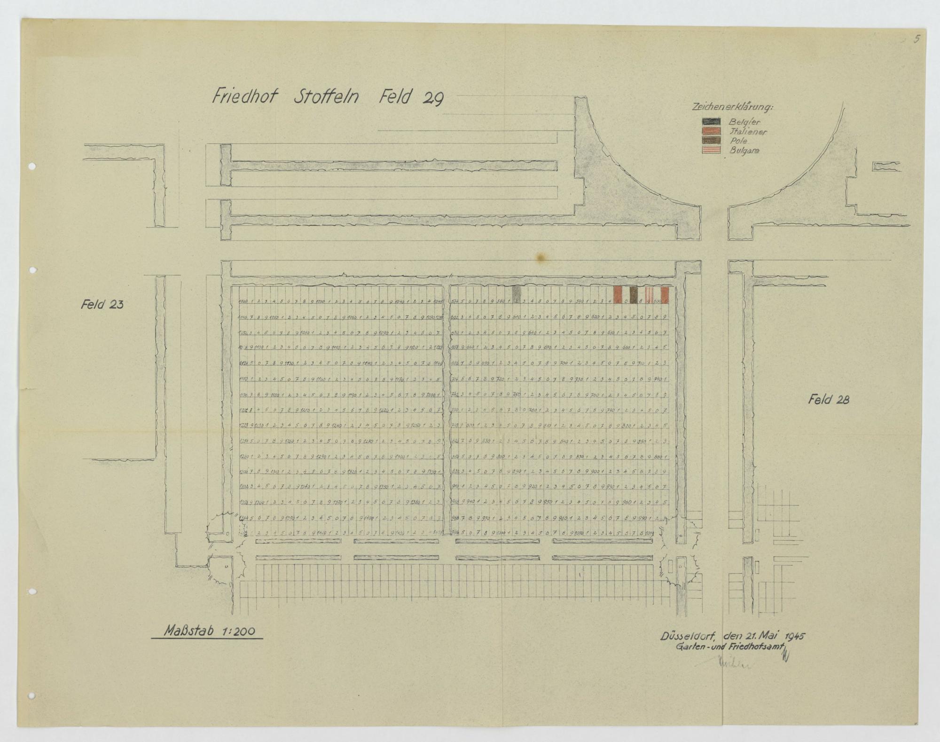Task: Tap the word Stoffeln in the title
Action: [327, 97]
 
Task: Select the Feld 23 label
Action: [102, 305]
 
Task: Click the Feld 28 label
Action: [828, 400]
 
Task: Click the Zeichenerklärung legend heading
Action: [732, 108]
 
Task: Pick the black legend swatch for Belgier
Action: [711, 122]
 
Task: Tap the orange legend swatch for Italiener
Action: [711, 131]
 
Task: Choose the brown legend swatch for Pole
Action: [711, 140]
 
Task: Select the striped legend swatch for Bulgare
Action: [711, 150]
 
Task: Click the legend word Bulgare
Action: [744, 151]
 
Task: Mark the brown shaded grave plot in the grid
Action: [634, 294]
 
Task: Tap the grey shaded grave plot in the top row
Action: [517, 294]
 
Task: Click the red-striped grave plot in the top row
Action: [649, 294]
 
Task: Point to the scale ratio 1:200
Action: [235, 631]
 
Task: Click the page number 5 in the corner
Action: [916, 39]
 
